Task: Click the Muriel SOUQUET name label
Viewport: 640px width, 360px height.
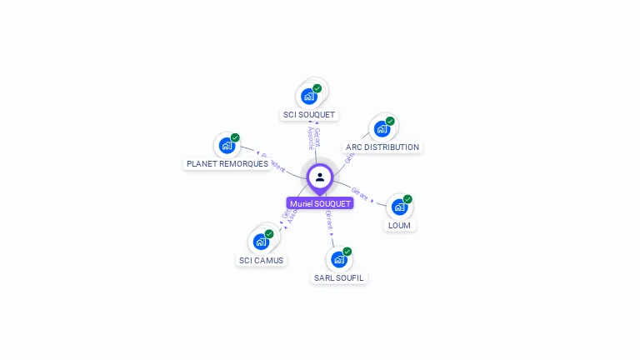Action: click(320, 203)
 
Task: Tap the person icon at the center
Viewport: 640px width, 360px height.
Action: click(320, 177)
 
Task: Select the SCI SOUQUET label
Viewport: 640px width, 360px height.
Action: click(309, 114)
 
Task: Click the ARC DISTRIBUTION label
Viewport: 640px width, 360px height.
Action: click(382, 147)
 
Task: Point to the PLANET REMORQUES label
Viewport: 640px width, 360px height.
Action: click(227, 164)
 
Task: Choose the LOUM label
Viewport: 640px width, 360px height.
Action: click(399, 225)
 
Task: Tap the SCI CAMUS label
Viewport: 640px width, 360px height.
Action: click(261, 260)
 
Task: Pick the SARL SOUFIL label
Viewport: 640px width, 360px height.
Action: click(339, 277)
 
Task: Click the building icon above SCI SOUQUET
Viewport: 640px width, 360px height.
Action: click(309, 96)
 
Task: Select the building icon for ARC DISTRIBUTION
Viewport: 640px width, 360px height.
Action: click(382, 128)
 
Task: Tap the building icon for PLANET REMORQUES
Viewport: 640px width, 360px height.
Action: click(227, 146)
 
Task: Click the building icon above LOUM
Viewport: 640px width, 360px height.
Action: click(399, 207)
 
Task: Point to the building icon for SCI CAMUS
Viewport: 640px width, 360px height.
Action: click(261, 242)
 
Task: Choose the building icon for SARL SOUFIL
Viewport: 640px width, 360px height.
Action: click(338, 259)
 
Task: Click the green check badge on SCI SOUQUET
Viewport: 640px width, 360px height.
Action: click(317, 88)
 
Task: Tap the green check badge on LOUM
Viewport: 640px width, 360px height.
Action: click(407, 199)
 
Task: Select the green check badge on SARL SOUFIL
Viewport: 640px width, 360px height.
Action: click(347, 252)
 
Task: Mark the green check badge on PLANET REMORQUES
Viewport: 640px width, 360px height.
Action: click(235, 137)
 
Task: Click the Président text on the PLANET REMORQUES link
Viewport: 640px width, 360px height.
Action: click(274, 160)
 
